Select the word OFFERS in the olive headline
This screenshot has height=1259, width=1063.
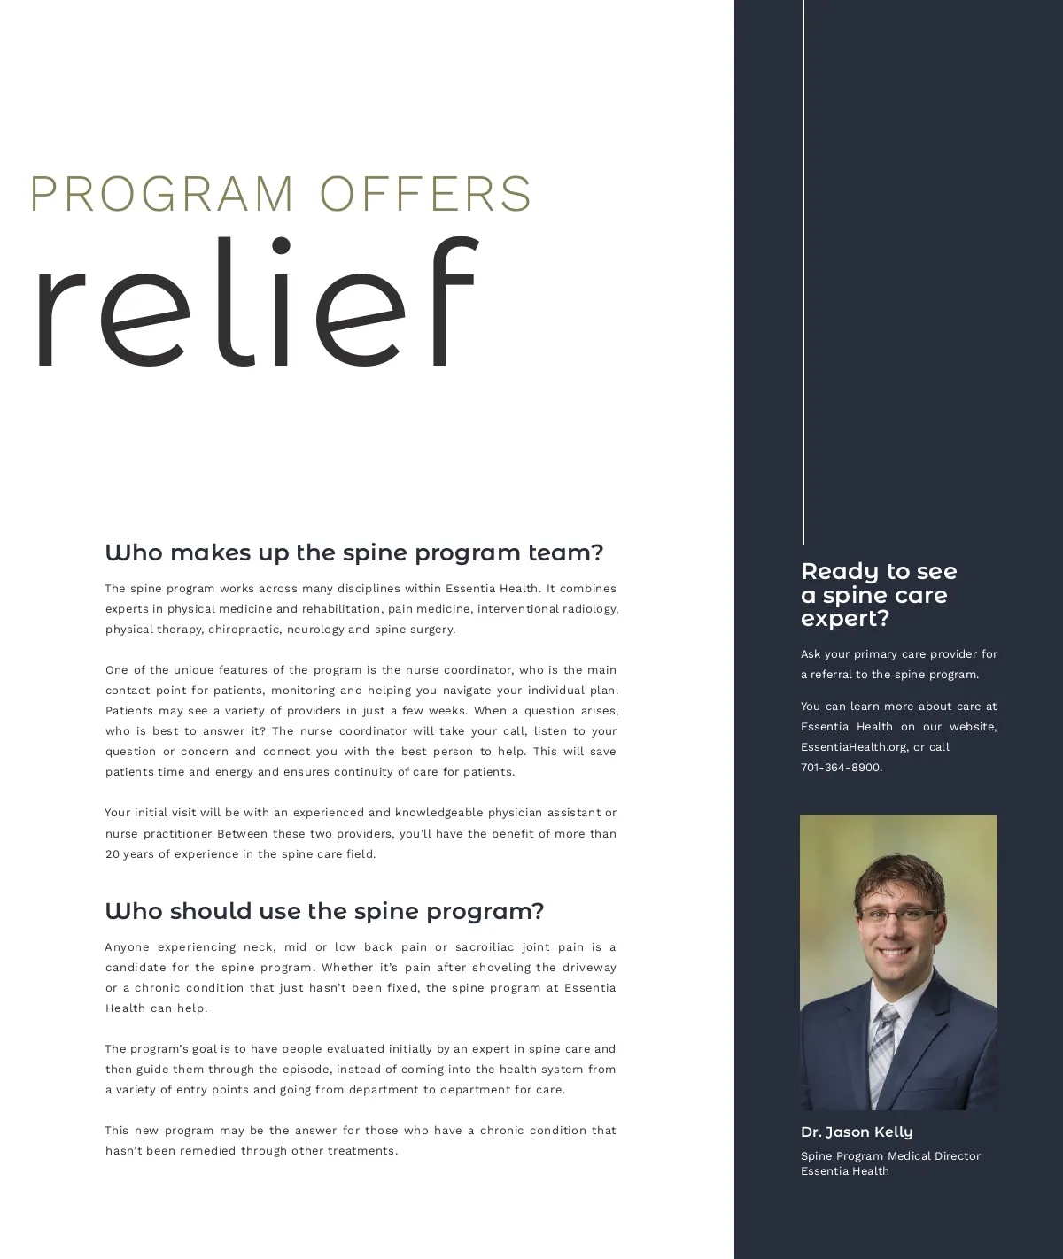click(x=426, y=194)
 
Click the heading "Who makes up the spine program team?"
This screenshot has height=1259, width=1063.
click(x=354, y=552)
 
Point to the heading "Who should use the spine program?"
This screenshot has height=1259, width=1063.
click(x=324, y=911)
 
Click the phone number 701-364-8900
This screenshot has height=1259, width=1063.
click(x=841, y=768)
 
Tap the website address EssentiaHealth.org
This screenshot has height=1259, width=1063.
click(x=854, y=747)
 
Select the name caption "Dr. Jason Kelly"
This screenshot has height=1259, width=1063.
click(x=857, y=1132)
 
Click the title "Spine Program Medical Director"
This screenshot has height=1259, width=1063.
click(x=890, y=1156)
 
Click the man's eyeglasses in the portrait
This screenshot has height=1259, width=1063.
click(x=897, y=915)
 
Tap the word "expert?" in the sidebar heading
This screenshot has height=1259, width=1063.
click(x=845, y=619)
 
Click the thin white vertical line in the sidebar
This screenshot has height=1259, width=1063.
click(x=803, y=266)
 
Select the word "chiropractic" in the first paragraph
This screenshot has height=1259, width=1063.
click(x=243, y=629)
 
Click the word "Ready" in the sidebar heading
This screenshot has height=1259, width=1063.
click(x=833, y=572)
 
